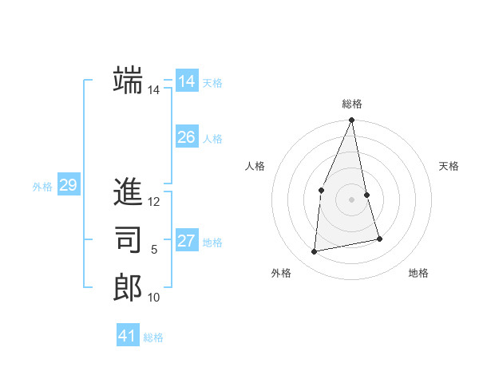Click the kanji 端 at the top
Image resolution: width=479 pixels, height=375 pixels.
tap(128, 80)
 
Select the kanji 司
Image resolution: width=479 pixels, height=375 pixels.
tap(128, 239)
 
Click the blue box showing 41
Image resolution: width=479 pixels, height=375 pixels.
tap(128, 336)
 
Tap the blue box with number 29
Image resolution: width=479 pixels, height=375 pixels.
tap(68, 186)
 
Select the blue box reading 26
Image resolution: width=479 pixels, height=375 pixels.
tap(186, 137)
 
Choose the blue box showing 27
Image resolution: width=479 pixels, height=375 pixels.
tap(186, 241)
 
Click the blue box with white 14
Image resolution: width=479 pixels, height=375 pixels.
tap(186, 81)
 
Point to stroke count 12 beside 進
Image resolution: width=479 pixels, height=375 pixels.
tap(154, 202)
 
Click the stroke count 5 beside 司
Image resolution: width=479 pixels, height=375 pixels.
tap(154, 250)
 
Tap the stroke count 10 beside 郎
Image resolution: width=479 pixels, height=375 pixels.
tap(154, 298)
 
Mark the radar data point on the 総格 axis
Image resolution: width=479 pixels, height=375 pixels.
tap(351, 120)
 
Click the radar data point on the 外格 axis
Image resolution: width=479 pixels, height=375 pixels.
tap(315, 251)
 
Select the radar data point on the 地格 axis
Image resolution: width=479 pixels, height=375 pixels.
tap(379, 239)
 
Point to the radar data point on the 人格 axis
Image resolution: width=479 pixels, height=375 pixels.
tap(321, 190)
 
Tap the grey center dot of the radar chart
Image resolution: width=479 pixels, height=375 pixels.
tap(351, 199)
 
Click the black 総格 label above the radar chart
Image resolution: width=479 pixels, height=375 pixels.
tap(351, 104)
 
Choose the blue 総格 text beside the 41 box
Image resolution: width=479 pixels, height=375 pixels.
tap(153, 337)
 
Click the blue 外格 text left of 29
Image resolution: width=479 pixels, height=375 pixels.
tap(42, 187)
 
